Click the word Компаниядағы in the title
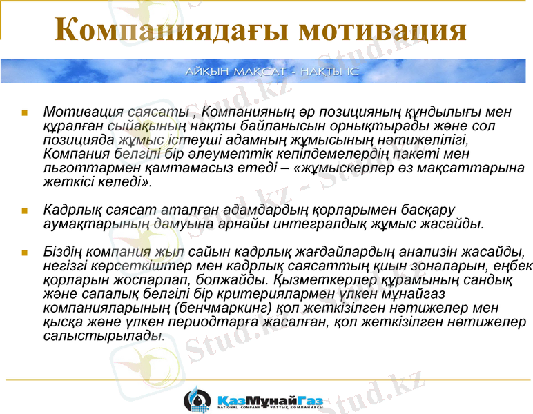[x=173, y=31]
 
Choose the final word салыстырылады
[x=104, y=337]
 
